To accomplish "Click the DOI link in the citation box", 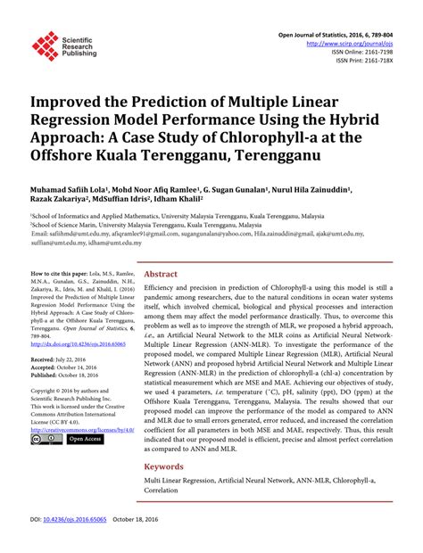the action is (x=76, y=343).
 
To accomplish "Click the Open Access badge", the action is (x=86, y=439).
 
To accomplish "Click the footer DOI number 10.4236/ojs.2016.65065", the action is (x=77, y=542).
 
